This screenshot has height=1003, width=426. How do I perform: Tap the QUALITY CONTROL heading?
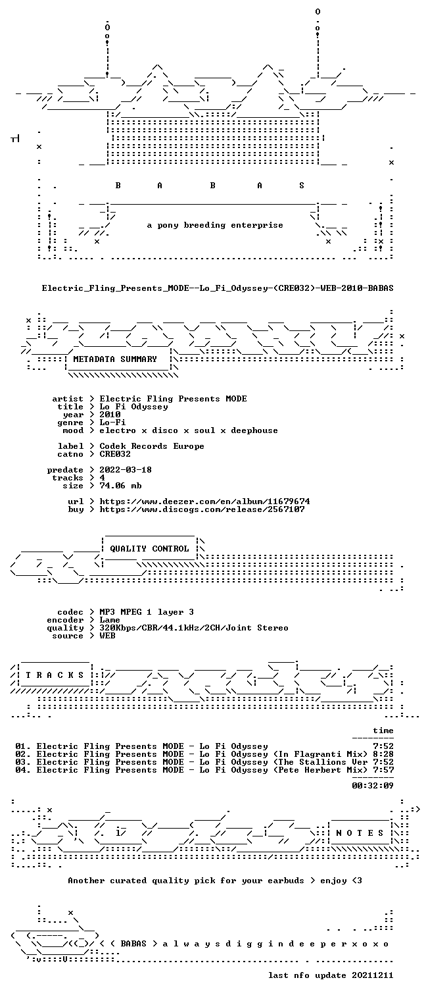(x=149, y=548)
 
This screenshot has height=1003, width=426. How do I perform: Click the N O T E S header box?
(x=360, y=833)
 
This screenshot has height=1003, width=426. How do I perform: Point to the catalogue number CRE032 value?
(x=115, y=454)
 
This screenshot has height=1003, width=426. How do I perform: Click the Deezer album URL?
(x=204, y=501)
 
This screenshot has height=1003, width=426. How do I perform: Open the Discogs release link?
(x=202, y=509)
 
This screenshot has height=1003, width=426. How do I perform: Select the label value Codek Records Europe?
(x=152, y=446)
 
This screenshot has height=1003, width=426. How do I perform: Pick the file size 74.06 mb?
(x=120, y=486)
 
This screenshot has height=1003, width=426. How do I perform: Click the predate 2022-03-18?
(x=126, y=470)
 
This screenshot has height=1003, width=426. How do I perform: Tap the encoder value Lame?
(x=110, y=620)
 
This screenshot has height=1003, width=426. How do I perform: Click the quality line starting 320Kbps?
(x=194, y=628)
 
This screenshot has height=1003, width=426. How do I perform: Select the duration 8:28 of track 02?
(x=383, y=754)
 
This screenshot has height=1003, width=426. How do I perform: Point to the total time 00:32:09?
(x=373, y=785)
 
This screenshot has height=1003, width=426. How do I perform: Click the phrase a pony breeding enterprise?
(x=215, y=225)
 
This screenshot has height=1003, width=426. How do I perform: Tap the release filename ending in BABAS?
(x=218, y=288)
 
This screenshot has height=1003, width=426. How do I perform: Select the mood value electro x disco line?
(x=189, y=430)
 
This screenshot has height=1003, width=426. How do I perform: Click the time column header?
(x=383, y=731)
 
